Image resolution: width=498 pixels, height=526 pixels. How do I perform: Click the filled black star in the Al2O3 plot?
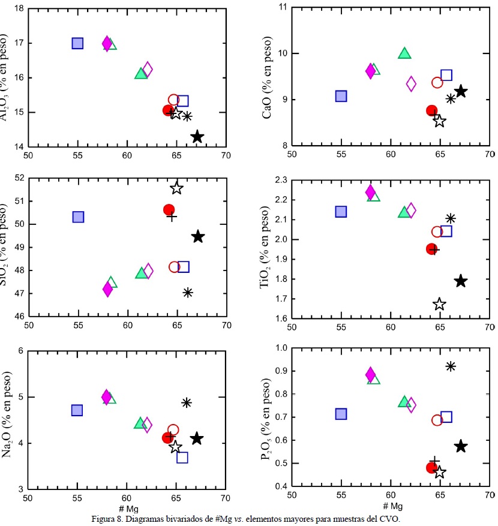197,137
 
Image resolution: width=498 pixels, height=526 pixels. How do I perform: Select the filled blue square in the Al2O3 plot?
77,43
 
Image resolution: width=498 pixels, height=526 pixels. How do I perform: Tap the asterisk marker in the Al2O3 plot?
187,116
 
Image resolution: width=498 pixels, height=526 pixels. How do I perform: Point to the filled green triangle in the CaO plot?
404,53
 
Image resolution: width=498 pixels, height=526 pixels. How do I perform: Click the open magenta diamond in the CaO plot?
411,83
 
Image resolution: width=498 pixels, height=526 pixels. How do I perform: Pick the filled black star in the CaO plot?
461,91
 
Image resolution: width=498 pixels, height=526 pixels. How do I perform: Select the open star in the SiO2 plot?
176,188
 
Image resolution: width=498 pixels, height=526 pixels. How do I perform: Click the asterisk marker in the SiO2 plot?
188,292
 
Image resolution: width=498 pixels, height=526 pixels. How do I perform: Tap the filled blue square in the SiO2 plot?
78,217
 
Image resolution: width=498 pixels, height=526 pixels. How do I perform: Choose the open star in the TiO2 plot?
440,304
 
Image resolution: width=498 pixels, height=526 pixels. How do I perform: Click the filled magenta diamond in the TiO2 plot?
370,192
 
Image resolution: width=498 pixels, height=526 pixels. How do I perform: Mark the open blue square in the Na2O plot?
182,457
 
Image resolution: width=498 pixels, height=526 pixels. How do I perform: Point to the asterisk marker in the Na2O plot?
187,402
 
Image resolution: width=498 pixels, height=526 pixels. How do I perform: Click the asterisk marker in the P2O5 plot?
451,366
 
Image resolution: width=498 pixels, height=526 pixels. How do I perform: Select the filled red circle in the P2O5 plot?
431,468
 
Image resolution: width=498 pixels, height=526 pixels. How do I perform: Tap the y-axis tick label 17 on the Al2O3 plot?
19,43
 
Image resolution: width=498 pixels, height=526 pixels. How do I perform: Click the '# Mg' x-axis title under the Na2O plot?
127,507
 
